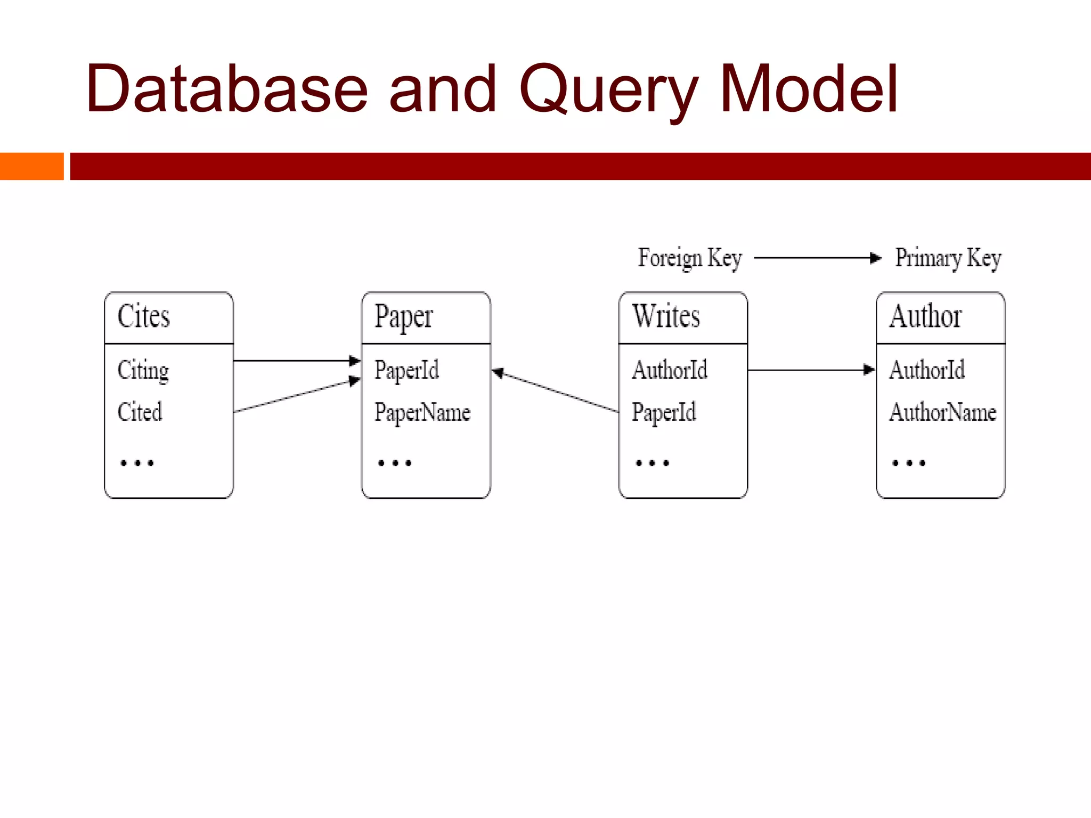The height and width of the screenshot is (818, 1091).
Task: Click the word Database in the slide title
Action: (226, 89)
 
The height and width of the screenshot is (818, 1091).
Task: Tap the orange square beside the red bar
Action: (31, 166)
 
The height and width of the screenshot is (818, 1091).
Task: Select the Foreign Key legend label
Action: (690, 258)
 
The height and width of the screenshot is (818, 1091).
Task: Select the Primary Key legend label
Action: (948, 258)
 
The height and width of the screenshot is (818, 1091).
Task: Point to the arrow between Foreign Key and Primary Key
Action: (818, 258)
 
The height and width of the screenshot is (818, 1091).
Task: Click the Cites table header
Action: (144, 316)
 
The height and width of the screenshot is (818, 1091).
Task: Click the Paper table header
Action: (403, 317)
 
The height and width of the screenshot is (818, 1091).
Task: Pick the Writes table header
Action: (666, 316)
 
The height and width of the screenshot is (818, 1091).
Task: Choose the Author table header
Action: (925, 316)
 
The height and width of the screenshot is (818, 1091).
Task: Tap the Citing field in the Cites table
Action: (143, 371)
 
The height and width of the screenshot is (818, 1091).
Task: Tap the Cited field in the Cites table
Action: (140, 412)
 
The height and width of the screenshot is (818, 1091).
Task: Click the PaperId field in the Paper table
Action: (406, 371)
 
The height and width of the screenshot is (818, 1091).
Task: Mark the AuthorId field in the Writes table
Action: (670, 370)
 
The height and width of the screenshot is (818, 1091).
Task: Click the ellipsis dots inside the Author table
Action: (909, 463)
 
